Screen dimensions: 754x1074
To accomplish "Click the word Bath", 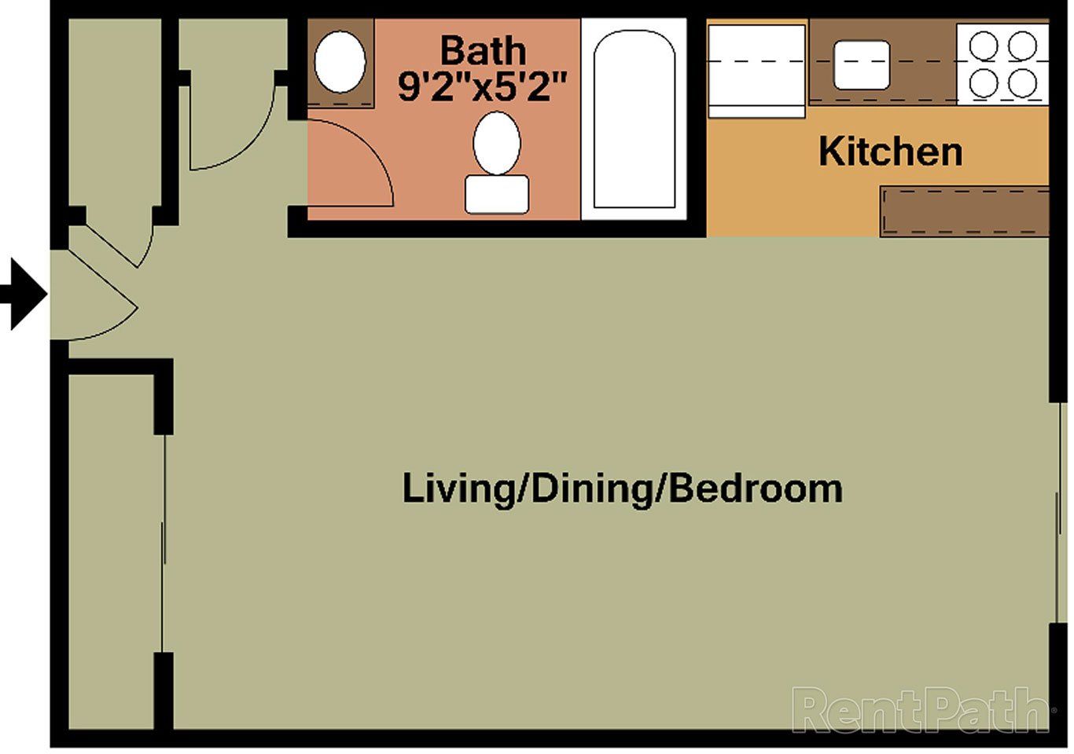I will (x=482, y=51).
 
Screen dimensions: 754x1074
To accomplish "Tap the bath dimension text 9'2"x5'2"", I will (x=482, y=86).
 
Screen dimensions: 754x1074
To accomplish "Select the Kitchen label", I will (x=890, y=151).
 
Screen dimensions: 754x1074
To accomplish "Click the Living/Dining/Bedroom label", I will (x=622, y=488).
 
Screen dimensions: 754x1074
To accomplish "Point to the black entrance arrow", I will (x=25, y=295).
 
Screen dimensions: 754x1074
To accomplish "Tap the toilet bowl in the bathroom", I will (x=497, y=143).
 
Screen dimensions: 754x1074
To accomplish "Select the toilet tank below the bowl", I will (x=497, y=194).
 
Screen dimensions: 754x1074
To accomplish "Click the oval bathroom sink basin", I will (x=340, y=61).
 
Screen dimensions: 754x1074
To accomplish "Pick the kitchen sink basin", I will (x=862, y=64).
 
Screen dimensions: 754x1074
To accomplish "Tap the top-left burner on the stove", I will (x=983, y=46).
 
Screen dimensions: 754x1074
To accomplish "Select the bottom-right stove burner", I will (x=1022, y=82).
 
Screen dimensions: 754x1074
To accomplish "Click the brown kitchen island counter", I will (x=964, y=210).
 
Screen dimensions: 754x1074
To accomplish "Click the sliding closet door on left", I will (x=164, y=542).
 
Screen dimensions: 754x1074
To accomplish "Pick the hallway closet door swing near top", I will (x=236, y=126).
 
